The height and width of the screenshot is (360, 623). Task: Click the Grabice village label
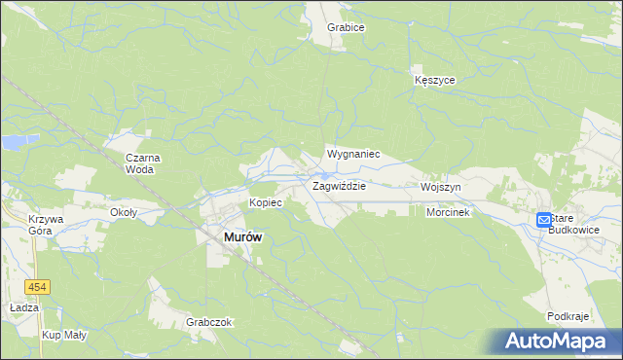tap(346, 27)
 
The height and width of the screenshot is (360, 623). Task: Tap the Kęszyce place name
tap(434, 80)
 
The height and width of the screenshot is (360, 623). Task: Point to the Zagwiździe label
tap(338, 185)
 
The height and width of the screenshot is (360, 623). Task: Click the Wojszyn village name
tap(441, 186)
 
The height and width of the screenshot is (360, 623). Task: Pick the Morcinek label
tap(448, 212)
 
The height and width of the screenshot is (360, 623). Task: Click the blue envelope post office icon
tap(544, 221)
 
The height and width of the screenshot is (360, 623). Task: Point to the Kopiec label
tap(266, 202)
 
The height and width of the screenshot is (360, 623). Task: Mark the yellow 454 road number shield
tap(38, 287)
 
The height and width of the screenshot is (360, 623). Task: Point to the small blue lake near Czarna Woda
tap(14, 142)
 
